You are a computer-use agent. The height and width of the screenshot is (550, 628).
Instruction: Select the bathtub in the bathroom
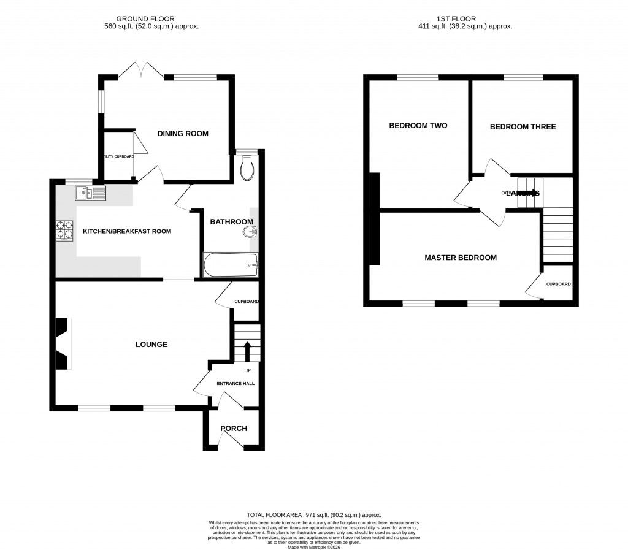[231, 265]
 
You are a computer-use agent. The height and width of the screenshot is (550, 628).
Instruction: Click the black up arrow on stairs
[247, 352]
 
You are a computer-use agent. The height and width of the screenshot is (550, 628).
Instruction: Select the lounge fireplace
[63, 344]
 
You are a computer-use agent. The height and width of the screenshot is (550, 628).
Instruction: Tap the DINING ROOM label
[183, 134]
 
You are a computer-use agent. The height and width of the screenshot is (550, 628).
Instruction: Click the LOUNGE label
[151, 345]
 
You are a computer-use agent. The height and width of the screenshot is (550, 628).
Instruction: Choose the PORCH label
[234, 429]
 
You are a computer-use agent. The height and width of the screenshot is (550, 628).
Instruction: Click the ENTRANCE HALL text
[235, 384]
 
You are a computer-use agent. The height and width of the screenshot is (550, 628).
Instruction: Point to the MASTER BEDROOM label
[461, 258]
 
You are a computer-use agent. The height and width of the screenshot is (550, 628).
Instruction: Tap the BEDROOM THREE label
[523, 127]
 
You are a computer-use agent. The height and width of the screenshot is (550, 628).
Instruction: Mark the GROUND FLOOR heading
[151, 19]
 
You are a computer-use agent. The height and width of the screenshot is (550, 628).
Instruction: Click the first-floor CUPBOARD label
[559, 284]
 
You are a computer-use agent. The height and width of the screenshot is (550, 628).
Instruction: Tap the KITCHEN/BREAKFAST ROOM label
[127, 231]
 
